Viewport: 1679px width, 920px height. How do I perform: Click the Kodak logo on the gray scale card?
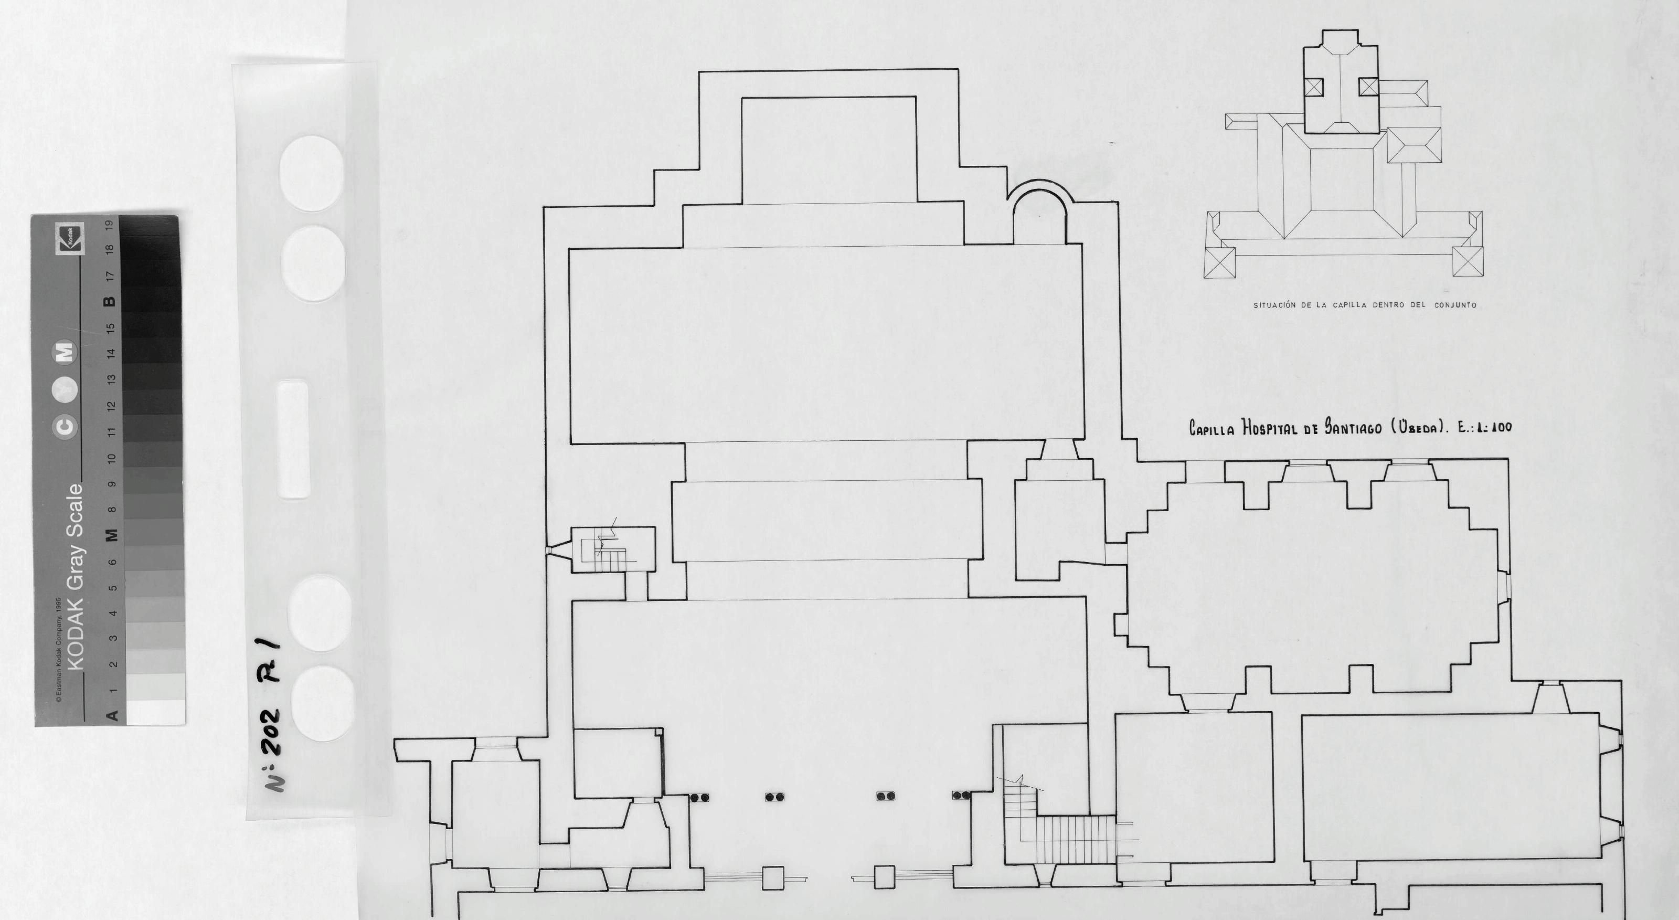point(70,239)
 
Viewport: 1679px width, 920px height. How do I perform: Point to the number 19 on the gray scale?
point(110,224)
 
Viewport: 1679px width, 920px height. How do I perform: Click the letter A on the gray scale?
point(111,715)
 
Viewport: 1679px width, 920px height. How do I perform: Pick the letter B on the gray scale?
point(110,301)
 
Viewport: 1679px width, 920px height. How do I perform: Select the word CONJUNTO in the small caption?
point(1455,305)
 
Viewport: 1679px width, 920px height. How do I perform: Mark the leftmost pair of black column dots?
point(699,797)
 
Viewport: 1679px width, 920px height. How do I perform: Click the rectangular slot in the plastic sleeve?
point(293,440)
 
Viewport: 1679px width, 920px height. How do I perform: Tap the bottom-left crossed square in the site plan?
point(1219,263)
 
